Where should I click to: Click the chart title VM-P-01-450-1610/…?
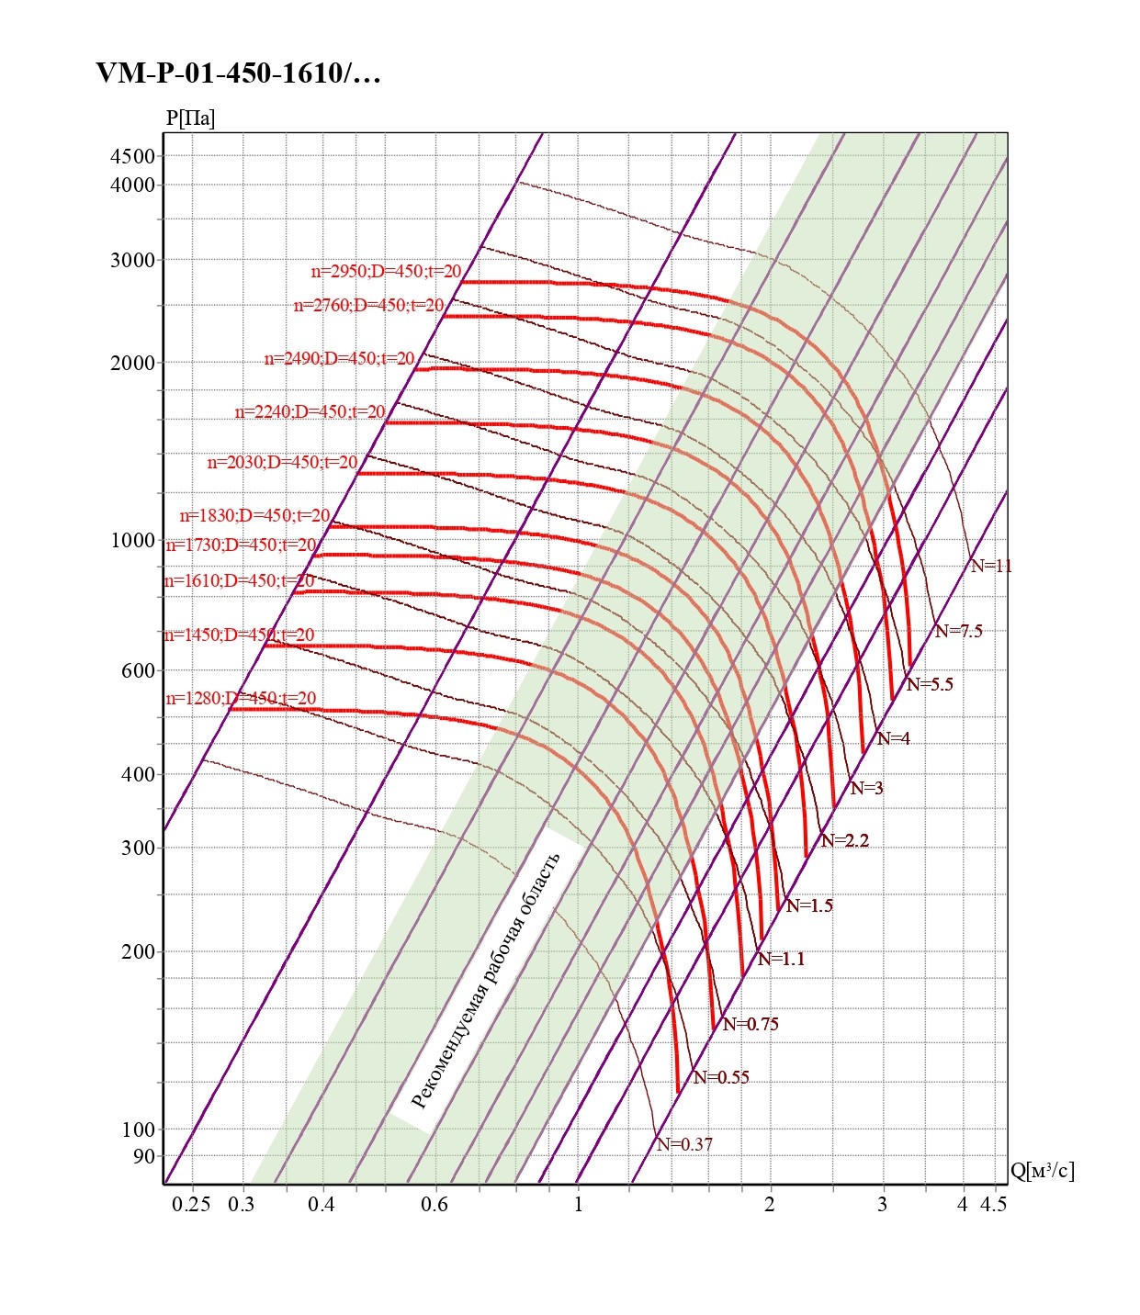[238, 73]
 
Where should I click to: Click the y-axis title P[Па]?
[190, 118]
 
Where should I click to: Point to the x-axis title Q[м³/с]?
[1042, 1170]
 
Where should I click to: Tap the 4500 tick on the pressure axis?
[133, 156]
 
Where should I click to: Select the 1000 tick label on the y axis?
[133, 540]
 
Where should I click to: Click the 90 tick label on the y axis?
[144, 1156]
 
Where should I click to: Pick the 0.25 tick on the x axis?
[191, 1204]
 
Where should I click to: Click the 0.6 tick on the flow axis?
[435, 1204]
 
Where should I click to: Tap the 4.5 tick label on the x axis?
[993, 1204]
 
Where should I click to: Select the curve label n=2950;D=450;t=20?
[386, 272]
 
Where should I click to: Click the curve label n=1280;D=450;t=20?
[241, 699]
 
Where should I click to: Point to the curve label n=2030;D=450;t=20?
[282, 463]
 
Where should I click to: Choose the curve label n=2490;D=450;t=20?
[339, 359]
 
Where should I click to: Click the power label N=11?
[991, 566]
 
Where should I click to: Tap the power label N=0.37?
[684, 1144]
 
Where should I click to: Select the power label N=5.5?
[930, 684]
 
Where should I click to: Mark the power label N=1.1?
[781, 959]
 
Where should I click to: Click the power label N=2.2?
[844, 840]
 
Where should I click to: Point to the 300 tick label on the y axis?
[138, 848]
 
